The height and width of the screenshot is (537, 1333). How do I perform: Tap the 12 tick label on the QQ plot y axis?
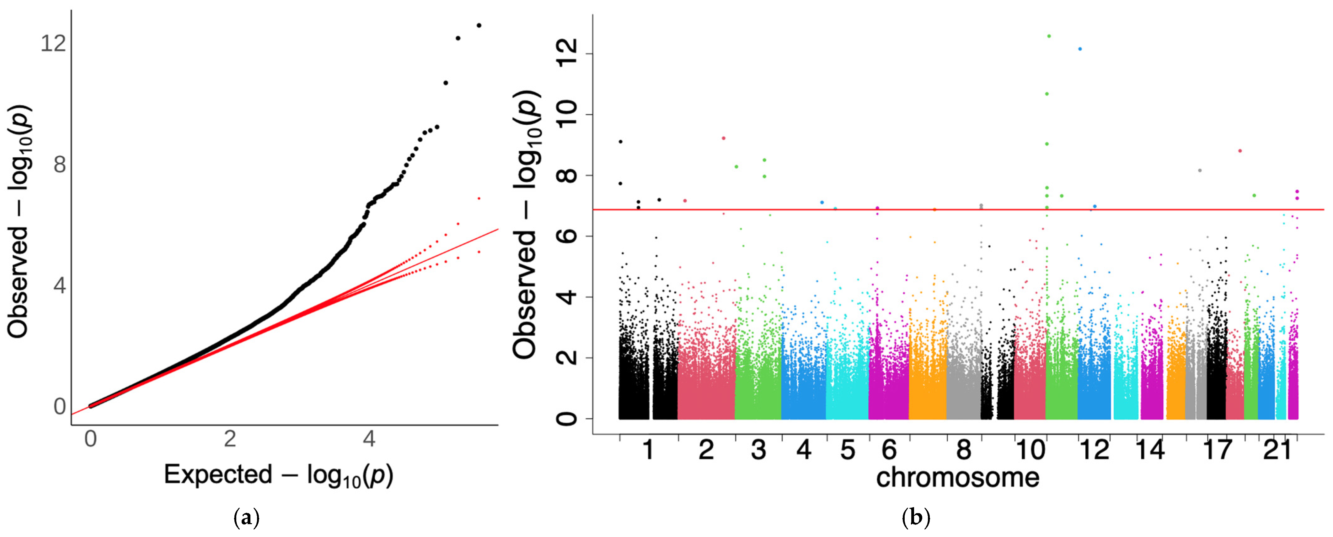pos(53,43)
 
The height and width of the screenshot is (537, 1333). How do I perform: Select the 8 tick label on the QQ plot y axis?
pos(60,165)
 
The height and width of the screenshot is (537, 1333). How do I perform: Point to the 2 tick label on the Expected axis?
pos(230,439)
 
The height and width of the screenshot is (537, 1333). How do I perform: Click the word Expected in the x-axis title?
pos(218,474)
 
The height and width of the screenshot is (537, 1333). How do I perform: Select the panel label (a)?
pos(246,517)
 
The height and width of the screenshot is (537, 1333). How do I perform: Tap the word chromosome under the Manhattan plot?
pos(957,477)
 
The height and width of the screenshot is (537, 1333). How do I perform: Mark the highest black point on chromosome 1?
pos(620,141)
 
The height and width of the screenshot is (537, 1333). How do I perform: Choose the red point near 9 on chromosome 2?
pos(723,138)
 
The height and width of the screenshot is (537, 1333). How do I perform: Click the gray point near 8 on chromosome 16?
pos(1200,171)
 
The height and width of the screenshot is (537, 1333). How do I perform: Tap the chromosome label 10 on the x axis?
pos(1030,449)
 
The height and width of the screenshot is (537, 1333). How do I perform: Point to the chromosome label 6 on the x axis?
pos(889,449)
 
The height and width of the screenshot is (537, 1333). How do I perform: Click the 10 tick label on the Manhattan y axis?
pos(567,114)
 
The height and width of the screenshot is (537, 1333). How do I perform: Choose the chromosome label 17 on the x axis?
pos(1218,449)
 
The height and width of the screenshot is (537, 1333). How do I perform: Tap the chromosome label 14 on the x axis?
pos(1150,449)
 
